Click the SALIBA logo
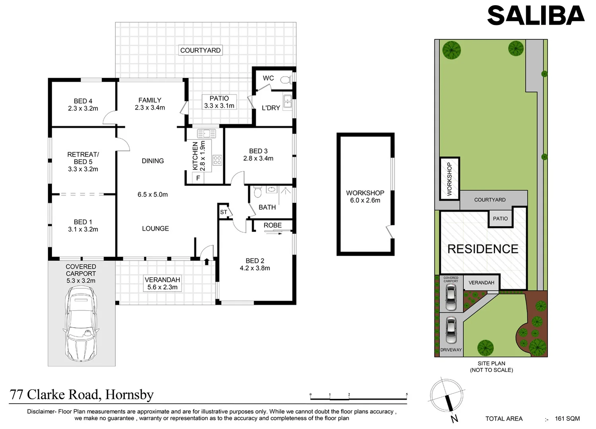tap(536, 15)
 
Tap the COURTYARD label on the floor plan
tap(200, 50)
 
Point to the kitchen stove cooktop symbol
tap(217, 160)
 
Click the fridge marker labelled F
tap(198, 178)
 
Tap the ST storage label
tap(223, 212)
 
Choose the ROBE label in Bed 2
tap(272, 225)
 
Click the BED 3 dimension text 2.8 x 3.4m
tap(258, 158)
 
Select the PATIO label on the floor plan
tap(219, 98)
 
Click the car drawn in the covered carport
tap(81, 324)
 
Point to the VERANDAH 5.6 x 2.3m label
tap(162, 284)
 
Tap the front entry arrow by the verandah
tap(207, 261)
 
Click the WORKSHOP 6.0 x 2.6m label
tap(365, 197)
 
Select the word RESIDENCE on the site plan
tap(483, 249)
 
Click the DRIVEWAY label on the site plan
tap(451, 350)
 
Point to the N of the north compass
tap(454, 419)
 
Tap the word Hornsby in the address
tap(130, 394)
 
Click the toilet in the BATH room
tap(258, 192)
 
